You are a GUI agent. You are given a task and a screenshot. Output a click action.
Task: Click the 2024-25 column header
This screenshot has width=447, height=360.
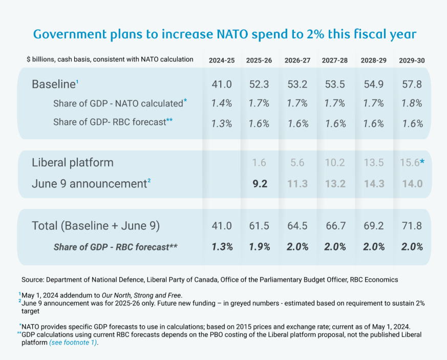[x=222, y=60]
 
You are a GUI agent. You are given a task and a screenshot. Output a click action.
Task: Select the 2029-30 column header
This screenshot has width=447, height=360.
[x=412, y=60]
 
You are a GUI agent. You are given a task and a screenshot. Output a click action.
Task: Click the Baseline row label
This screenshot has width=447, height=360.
[x=53, y=84]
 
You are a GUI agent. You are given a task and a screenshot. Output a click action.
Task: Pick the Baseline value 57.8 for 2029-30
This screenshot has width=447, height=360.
[x=412, y=84]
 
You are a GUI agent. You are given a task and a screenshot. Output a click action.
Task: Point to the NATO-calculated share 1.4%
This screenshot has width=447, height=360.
[x=222, y=103]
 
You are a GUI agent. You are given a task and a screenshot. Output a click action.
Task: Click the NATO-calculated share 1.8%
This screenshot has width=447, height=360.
[x=412, y=103]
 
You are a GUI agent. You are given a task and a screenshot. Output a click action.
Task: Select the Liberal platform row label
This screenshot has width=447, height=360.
[x=73, y=163]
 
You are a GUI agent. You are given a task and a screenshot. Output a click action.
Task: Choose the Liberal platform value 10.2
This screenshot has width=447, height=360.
[x=335, y=163]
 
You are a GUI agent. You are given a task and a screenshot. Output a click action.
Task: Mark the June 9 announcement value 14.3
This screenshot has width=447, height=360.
[x=374, y=183]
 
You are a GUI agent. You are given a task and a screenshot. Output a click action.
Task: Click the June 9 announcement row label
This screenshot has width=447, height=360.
[x=89, y=183]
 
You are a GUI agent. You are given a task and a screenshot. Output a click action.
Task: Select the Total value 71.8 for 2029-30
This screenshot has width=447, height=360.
[x=412, y=225]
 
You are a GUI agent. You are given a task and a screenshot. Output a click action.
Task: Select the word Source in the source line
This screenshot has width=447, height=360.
[x=32, y=280]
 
